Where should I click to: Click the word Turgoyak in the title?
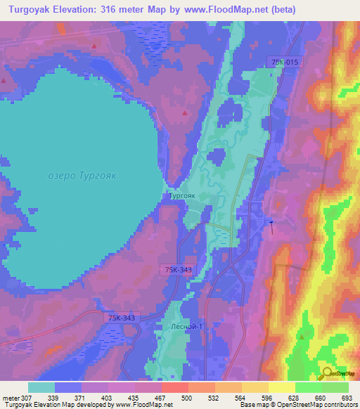point(27,9)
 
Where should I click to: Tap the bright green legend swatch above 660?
point(308,387)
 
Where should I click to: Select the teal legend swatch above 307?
point(41,387)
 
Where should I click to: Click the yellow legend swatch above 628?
point(281,387)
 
